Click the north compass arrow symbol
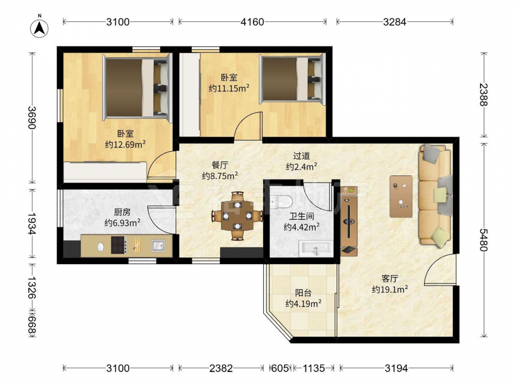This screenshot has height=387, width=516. click(x=40, y=28)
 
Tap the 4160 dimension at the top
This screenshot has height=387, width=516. click(x=252, y=22)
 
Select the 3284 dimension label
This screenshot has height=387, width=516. click(x=395, y=22)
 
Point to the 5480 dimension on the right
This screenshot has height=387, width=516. click(x=483, y=240)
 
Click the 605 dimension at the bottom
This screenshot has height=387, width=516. click(x=280, y=368)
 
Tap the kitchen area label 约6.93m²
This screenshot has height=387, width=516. click(x=122, y=223)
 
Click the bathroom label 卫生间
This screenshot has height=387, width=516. click(x=301, y=216)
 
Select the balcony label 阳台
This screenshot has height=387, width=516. click(x=303, y=293)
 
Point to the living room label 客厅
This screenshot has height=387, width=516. click(x=390, y=279)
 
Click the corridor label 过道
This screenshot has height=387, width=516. click(x=301, y=155)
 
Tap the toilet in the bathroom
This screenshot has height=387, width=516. click(x=281, y=201)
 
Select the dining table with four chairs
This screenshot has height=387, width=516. click(x=237, y=216)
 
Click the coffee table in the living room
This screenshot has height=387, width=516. click(x=401, y=197)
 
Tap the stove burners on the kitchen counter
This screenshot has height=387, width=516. click(x=119, y=245)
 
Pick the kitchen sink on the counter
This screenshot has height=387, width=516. click(x=158, y=246)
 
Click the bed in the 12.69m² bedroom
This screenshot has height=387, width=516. click(x=137, y=88)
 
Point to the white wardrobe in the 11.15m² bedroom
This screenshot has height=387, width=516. click(x=189, y=94)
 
